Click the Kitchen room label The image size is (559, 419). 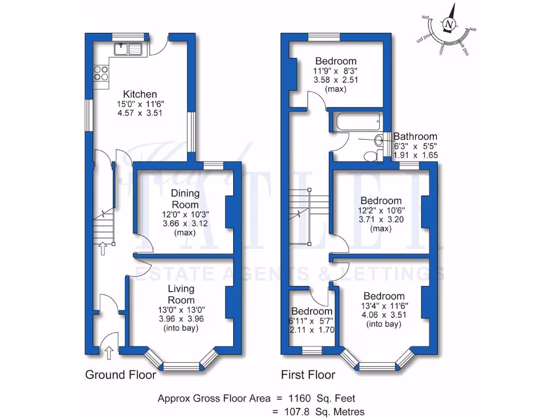click(x=140, y=94)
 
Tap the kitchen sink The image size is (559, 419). click(x=128, y=50)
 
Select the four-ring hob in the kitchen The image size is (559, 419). click(x=100, y=73)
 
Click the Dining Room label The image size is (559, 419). click(x=185, y=199)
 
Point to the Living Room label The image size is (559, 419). click(x=181, y=295)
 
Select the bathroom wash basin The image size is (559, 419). click(x=379, y=141)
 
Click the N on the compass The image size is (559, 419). click(x=449, y=25)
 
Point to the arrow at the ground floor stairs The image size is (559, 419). click(x=102, y=249)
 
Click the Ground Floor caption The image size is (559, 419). click(x=121, y=375)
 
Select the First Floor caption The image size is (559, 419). click(x=308, y=375)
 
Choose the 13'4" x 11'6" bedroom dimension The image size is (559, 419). click(x=383, y=306)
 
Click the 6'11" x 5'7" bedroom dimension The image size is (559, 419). click(x=312, y=320)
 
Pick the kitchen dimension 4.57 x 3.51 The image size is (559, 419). click(x=140, y=113)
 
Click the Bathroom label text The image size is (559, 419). click(x=415, y=136)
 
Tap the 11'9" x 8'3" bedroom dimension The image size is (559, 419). click(x=335, y=70)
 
